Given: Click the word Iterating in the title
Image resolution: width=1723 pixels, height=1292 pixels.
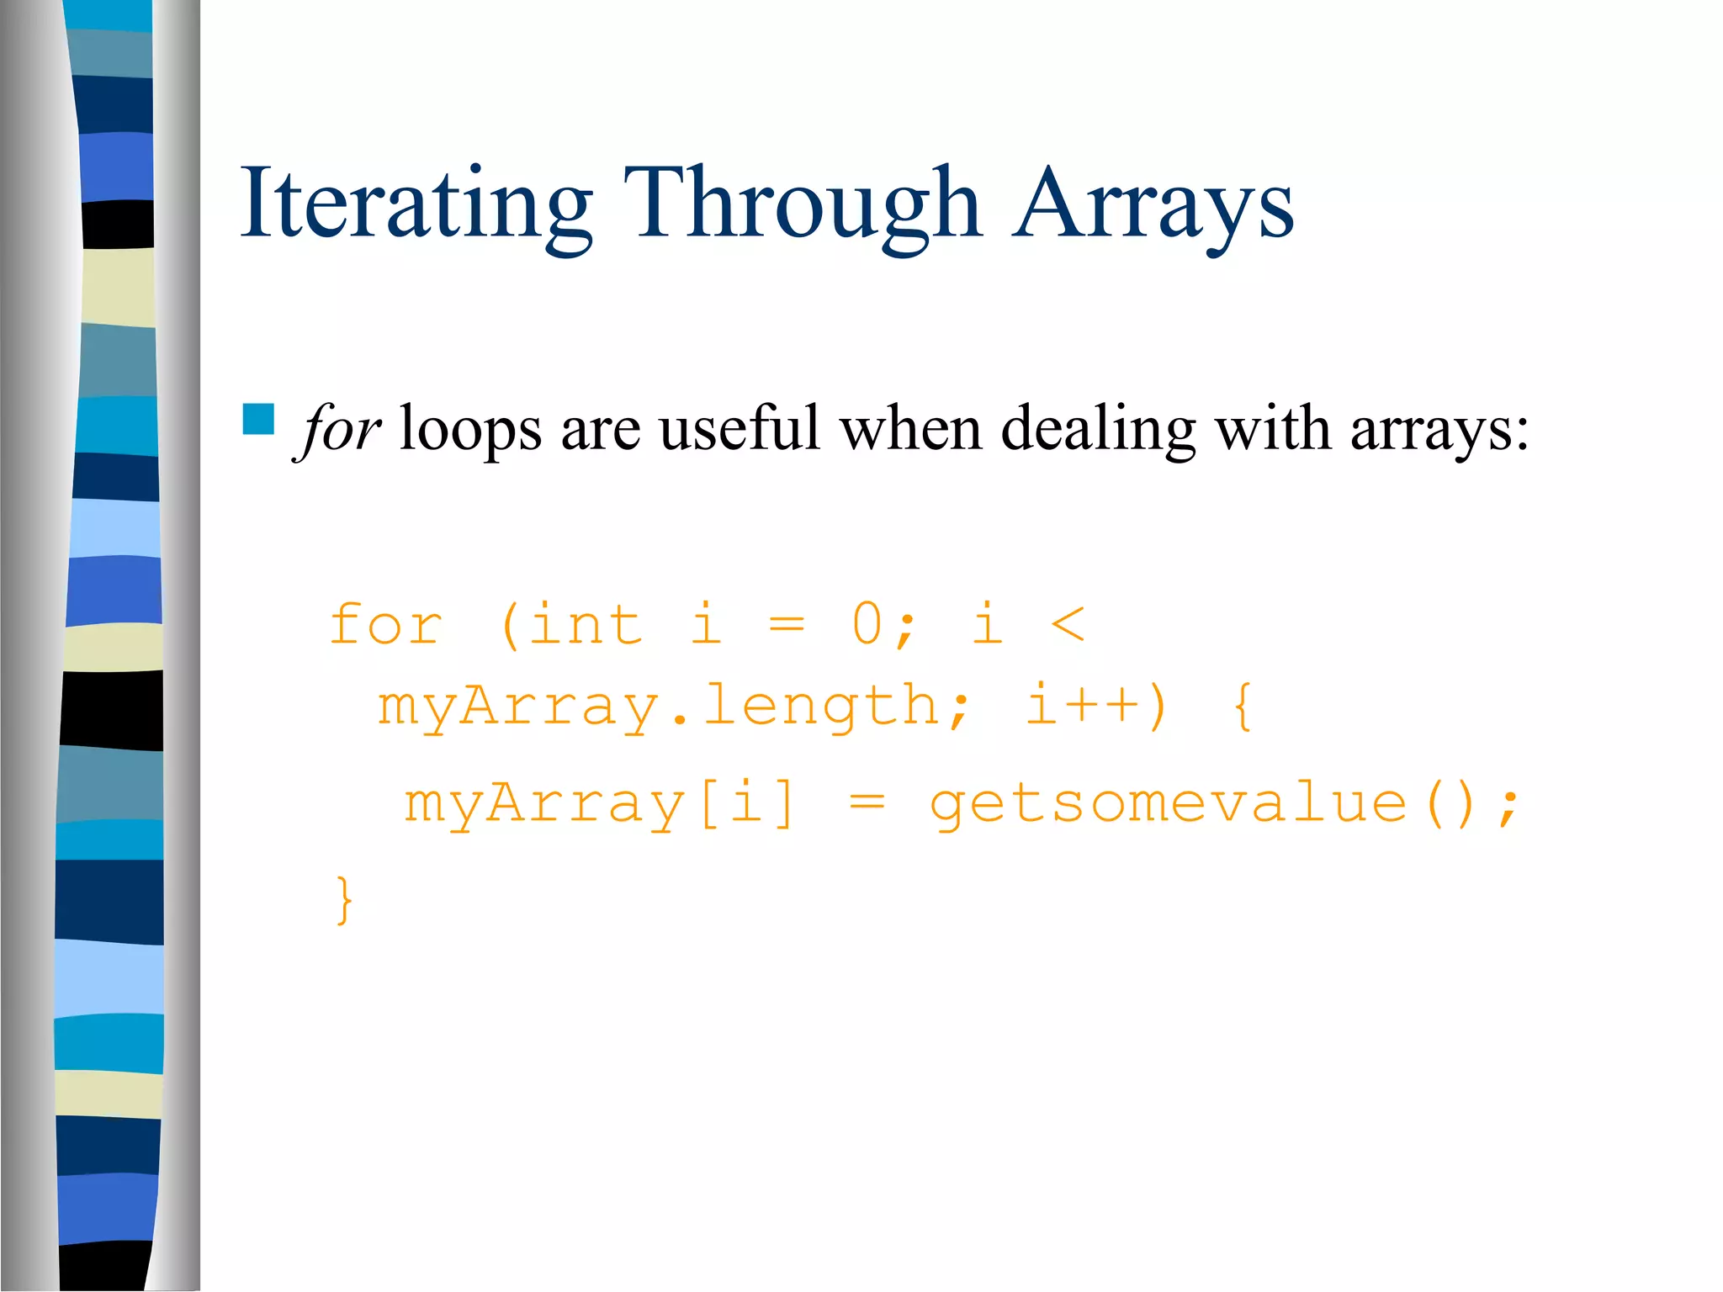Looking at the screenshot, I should point(416,204).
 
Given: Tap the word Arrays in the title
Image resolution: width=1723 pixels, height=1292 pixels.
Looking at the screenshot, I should point(1153,204).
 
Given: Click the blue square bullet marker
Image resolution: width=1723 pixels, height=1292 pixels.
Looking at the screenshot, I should point(258,419).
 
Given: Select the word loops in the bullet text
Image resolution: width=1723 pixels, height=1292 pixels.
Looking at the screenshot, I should point(470,429).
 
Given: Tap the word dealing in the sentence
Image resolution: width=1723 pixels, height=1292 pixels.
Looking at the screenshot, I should point(1097,429).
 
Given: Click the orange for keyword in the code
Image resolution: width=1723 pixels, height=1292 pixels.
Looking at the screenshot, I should point(385,625).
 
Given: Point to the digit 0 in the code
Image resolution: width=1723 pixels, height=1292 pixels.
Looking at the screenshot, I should point(867,625).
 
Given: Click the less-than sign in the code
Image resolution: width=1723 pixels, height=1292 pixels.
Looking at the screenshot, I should point(1068,625).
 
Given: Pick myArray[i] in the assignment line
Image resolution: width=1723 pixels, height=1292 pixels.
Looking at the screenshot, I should point(599,803).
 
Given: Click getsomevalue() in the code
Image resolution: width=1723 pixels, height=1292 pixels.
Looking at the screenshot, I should point(1203,803).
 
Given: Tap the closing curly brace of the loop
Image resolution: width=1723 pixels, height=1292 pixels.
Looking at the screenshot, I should point(344,900).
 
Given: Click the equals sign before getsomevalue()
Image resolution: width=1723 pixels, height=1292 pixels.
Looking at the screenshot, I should point(867,803).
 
